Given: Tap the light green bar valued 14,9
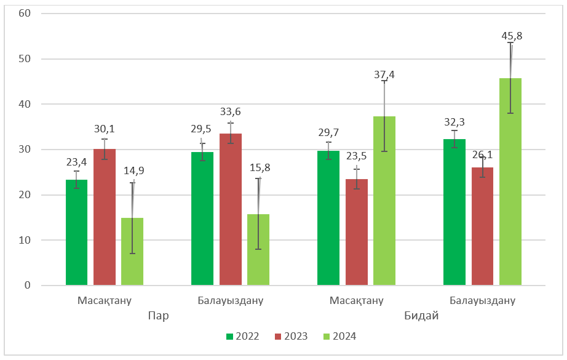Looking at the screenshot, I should (132, 252).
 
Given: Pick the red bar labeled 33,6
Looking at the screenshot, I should (230, 209).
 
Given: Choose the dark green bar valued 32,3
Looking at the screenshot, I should (454, 212).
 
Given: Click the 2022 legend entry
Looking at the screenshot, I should (243, 337).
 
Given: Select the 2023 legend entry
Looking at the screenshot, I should (293, 337).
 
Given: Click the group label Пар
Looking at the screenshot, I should (158, 316).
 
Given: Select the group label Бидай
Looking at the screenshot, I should (421, 316).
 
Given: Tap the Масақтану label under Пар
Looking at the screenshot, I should (105, 301).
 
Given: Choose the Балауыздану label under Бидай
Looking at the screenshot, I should (482, 301).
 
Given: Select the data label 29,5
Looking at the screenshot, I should (202, 128).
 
